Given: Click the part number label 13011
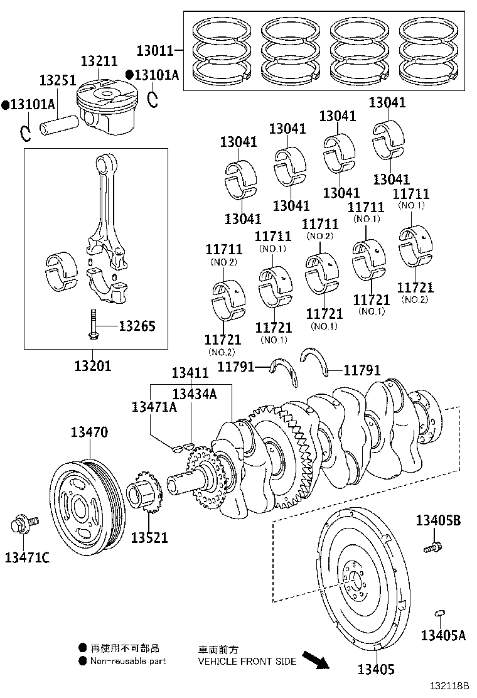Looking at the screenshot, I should point(154,50).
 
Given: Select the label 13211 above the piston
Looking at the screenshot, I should point(99,61).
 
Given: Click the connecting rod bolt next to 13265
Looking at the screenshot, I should point(93,325).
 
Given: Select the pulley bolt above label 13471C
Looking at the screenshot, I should point(23,522).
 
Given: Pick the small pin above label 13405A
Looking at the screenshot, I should point(440,613).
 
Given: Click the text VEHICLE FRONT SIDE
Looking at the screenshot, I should point(247,661).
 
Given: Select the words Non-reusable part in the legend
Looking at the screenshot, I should point(128,661).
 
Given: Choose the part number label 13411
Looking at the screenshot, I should point(190,373).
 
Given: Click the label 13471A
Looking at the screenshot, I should point(154,407).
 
